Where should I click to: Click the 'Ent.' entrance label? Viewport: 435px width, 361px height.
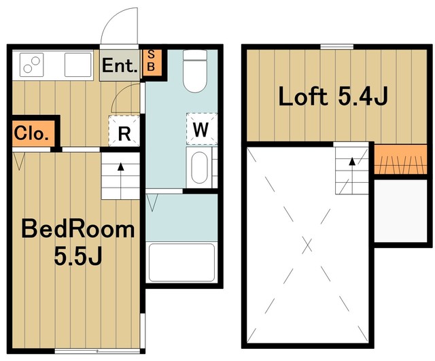click(x=120, y=66)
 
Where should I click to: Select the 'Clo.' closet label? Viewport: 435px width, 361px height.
click(x=31, y=133)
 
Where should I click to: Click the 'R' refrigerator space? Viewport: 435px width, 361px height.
click(x=124, y=131)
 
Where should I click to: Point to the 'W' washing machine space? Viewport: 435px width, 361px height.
click(x=201, y=128)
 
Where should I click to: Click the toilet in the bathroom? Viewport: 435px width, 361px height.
click(x=195, y=71)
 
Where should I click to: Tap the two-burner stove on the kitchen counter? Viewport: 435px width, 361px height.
click(x=31, y=65)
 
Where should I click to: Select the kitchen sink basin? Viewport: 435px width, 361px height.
click(x=78, y=65)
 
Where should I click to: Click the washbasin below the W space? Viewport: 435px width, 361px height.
click(x=199, y=167)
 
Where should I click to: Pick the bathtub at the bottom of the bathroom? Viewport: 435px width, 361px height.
click(x=181, y=262)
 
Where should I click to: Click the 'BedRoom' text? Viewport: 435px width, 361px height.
click(x=78, y=229)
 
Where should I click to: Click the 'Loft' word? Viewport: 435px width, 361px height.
click(x=302, y=96)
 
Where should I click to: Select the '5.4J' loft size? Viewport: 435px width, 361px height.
click(x=362, y=96)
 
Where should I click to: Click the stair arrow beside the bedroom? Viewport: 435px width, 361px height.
click(x=121, y=180)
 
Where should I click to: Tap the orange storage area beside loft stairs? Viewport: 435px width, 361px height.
click(x=400, y=159)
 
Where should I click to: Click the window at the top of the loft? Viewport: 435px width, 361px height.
click(x=337, y=47)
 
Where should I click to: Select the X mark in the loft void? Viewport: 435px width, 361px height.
click(x=307, y=245)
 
